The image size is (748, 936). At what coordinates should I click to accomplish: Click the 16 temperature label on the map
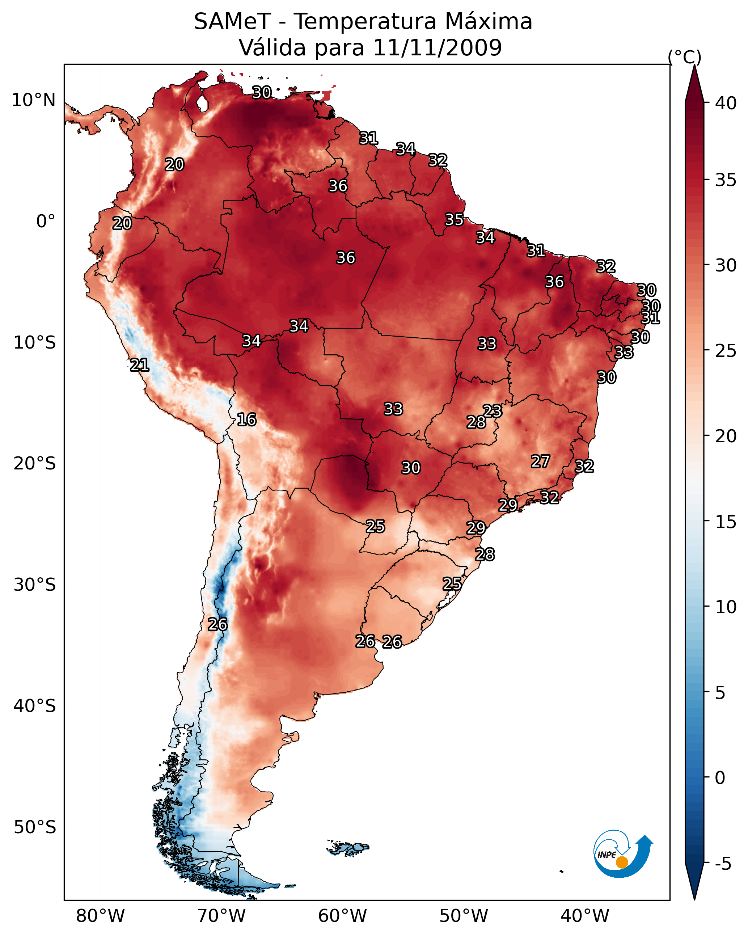click(246, 419)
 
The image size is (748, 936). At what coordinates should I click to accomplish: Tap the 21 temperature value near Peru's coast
click(139, 365)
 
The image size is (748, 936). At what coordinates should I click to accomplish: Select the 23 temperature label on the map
click(492, 411)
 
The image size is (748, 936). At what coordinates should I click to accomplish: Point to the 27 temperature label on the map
click(541, 461)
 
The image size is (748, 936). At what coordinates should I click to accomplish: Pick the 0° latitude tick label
click(46, 222)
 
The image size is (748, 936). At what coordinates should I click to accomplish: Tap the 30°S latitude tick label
click(35, 585)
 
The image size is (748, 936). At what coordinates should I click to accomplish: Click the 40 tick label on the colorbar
click(726, 103)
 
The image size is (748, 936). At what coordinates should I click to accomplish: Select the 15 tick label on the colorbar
click(726, 522)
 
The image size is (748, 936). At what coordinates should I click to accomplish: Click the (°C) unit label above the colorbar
click(685, 57)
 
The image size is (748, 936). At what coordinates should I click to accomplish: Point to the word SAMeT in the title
click(232, 22)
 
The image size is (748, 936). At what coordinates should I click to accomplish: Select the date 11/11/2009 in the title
click(437, 48)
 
